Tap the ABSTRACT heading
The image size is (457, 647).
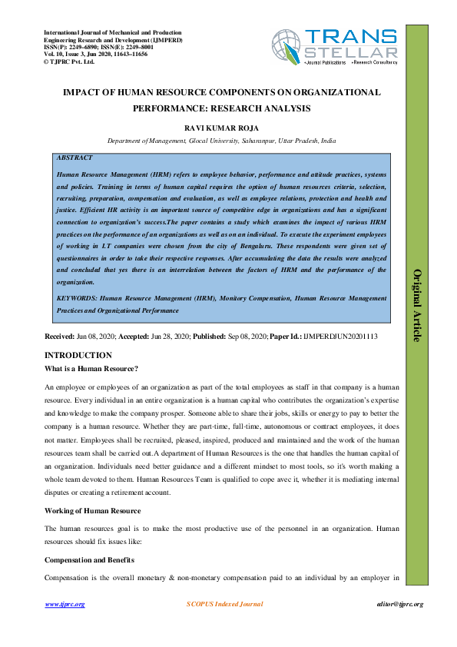tap(75, 158)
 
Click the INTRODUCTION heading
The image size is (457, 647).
tap(78, 355)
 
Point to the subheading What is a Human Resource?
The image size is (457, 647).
tap(91, 370)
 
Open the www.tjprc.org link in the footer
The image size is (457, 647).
tap(65, 604)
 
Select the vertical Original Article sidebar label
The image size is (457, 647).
tap(418, 305)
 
